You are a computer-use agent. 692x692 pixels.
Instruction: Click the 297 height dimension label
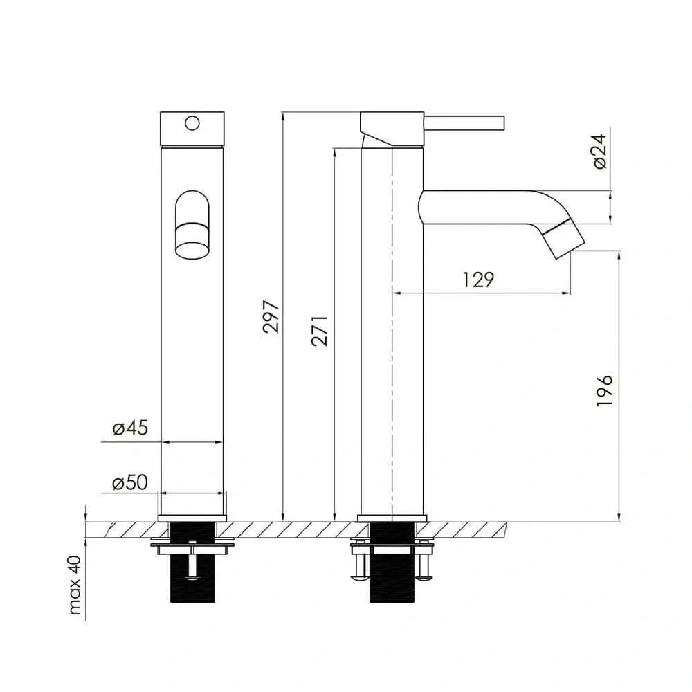(271, 316)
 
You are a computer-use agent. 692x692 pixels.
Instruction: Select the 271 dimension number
(320, 331)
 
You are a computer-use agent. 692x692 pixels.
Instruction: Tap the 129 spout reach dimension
(478, 280)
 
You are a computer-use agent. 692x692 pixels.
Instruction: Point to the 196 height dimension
(605, 390)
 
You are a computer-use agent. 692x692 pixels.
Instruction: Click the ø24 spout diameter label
(600, 152)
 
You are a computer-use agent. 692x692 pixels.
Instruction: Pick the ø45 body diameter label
(130, 428)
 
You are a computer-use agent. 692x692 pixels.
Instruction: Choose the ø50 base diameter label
(130, 482)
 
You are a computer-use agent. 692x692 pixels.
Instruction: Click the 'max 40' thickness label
(75, 585)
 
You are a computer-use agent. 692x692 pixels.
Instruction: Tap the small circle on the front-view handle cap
(192, 123)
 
